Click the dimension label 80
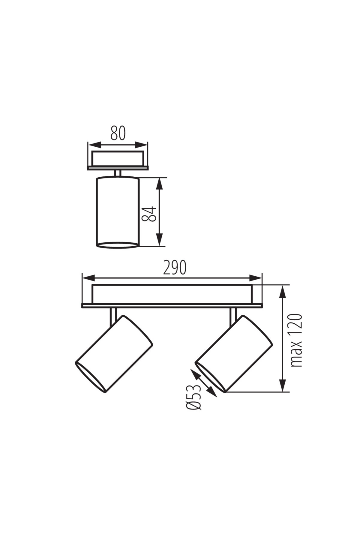click(118, 133)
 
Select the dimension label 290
click(175, 268)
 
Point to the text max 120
click(296, 340)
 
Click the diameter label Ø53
click(194, 397)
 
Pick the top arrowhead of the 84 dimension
click(160, 184)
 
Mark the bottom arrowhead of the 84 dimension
click(160, 240)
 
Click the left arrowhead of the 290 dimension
click(89, 277)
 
